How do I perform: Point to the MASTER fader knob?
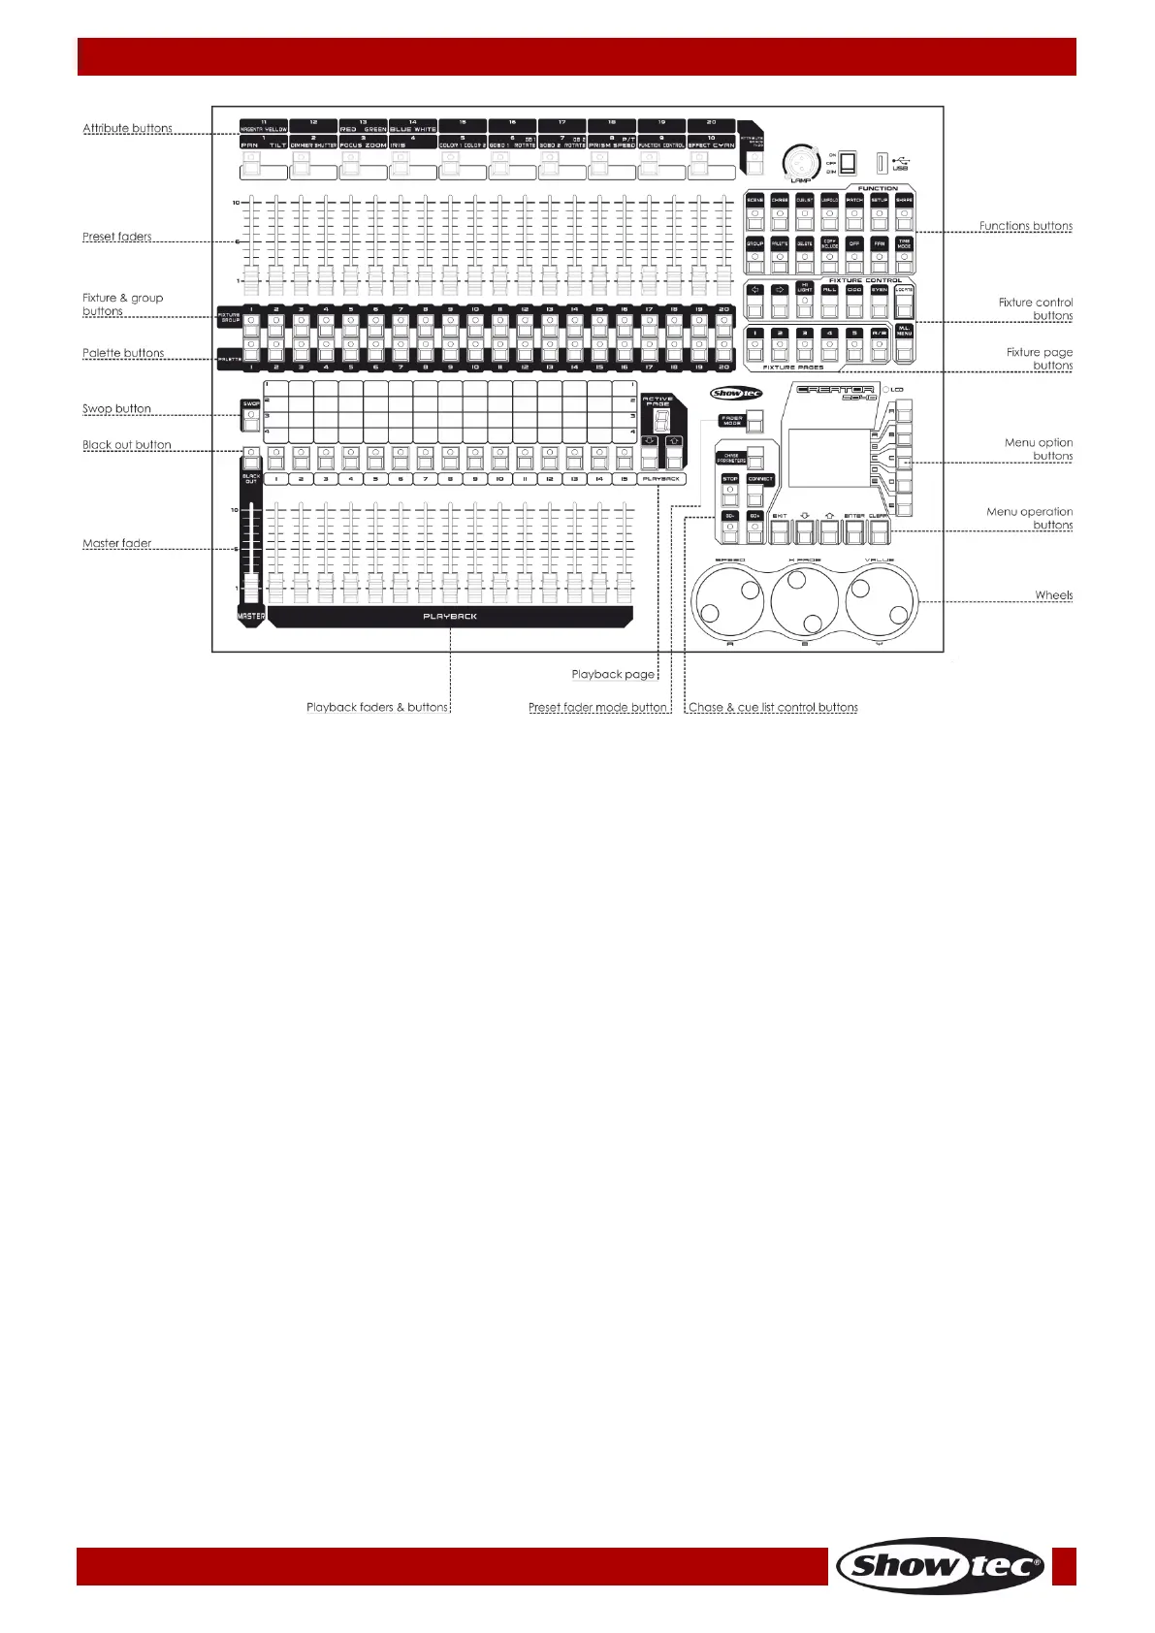click(250, 589)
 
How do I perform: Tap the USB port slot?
click(882, 163)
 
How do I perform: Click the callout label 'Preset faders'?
click(116, 237)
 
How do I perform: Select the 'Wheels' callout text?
click(1053, 595)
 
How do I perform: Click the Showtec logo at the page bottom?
click(940, 1565)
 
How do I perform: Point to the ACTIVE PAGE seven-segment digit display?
click(661, 422)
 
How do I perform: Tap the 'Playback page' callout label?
click(613, 674)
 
